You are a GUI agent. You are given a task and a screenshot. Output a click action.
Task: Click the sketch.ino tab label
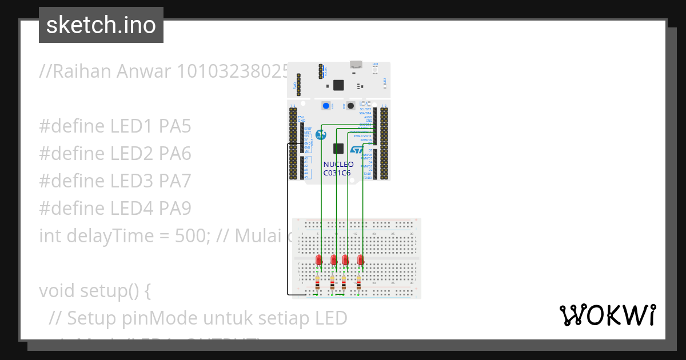coord(101,25)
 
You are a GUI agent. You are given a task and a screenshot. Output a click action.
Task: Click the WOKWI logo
coord(607,315)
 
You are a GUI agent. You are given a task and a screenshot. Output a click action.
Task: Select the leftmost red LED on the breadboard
coord(319,260)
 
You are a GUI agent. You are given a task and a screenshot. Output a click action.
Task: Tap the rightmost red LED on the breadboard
coord(361,260)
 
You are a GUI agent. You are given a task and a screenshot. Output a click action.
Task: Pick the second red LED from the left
coord(333,260)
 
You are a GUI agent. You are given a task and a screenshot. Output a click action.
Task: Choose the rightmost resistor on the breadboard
coord(358,282)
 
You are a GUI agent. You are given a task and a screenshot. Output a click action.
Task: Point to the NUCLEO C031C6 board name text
coord(338,168)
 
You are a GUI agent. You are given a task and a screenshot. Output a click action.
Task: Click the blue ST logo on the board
coord(356,150)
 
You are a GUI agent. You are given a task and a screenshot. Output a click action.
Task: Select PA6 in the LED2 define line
coord(175,154)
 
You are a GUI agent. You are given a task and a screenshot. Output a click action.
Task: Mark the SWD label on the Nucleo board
coord(295,85)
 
